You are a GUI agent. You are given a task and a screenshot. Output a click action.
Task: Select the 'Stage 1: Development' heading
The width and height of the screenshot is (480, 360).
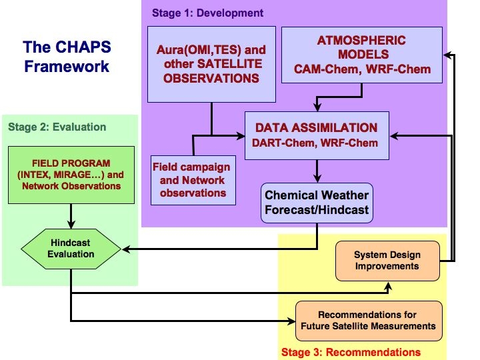207,13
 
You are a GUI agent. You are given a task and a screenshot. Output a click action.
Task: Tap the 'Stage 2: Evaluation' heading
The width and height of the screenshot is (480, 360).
57,127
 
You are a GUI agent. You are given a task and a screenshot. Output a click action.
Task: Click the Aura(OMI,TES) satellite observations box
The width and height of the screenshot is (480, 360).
211,64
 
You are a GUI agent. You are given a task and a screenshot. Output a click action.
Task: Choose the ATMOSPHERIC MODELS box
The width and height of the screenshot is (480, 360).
362,55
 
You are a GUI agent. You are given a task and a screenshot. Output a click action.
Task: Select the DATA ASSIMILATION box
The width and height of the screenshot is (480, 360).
317,135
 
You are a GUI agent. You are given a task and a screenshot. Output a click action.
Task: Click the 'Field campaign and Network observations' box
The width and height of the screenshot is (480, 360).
191,180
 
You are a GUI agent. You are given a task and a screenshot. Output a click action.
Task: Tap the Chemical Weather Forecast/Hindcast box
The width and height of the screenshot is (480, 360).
317,203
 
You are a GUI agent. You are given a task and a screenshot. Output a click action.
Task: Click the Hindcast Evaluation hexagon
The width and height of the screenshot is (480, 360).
71,248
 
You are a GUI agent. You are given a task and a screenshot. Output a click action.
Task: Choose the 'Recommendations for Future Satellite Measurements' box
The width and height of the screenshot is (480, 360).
367,320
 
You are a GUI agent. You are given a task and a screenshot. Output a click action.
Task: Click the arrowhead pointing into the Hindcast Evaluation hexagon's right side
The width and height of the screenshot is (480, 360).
124,249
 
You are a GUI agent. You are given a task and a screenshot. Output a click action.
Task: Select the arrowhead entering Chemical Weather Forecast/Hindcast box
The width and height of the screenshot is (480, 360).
317,179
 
